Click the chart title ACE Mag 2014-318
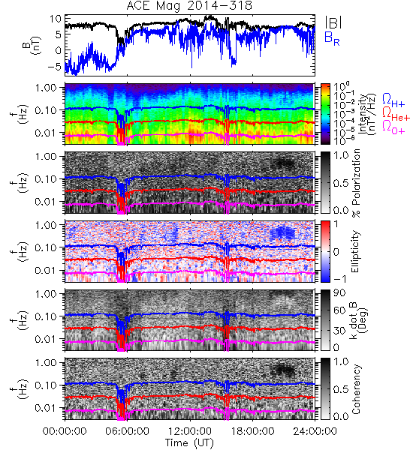click(x=189, y=6)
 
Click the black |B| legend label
click(x=333, y=22)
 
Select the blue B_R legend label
click(x=332, y=38)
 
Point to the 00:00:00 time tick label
click(x=65, y=431)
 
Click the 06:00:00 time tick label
click(x=127, y=431)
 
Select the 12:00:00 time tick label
click(x=190, y=431)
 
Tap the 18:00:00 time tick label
click(x=252, y=431)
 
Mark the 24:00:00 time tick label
click(x=315, y=431)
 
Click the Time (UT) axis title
click(x=189, y=442)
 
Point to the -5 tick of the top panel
click(x=54, y=67)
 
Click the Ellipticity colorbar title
click(x=355, y=252)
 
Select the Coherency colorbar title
click(x=356, y=389)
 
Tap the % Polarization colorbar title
click(x=357, y=183)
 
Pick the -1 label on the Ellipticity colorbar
click(x=339, y=279)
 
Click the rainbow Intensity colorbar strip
click(x=325, y=114)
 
